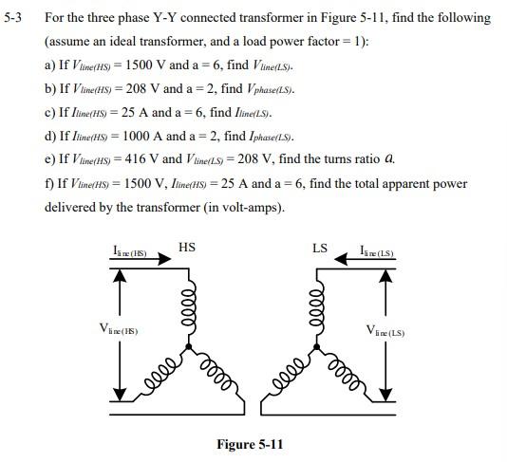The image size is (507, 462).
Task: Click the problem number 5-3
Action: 15,18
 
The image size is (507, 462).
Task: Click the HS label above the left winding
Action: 187,248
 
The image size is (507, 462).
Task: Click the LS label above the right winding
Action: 320,249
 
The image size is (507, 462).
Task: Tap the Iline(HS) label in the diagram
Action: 128,251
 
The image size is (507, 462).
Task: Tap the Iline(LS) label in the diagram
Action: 377,251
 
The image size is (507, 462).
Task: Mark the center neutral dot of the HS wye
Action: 190,346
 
